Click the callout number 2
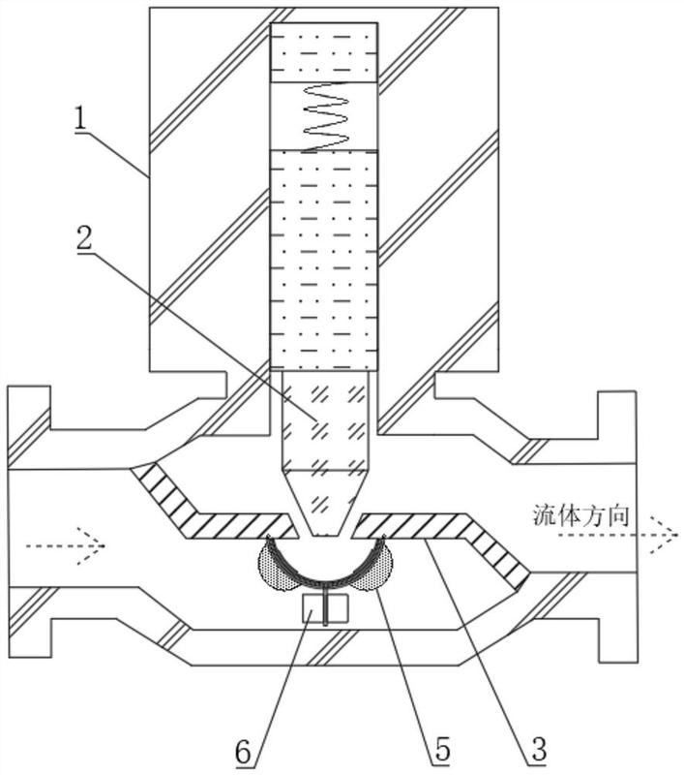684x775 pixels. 84,239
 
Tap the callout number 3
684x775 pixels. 539,748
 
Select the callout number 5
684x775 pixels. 443,748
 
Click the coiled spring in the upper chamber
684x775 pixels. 326,116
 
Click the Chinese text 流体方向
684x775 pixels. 580,515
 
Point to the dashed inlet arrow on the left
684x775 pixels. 65,545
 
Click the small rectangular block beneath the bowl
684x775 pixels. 325,608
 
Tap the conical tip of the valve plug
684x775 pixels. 324,503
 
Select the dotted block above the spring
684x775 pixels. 324,52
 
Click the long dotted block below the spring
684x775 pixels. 324,260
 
